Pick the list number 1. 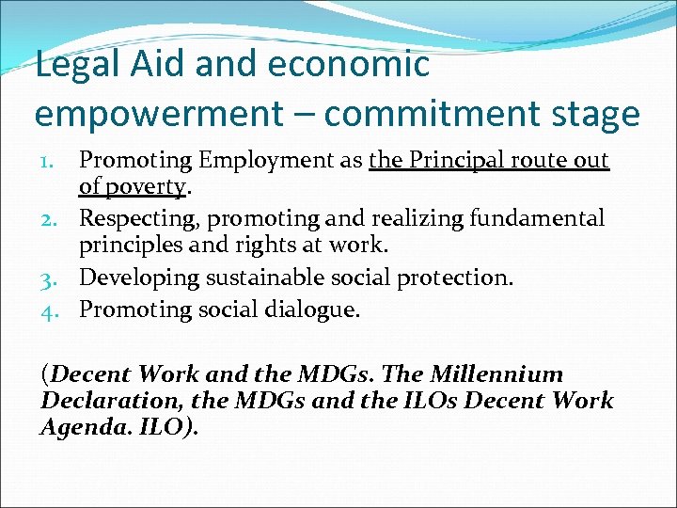tap(55, 162)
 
